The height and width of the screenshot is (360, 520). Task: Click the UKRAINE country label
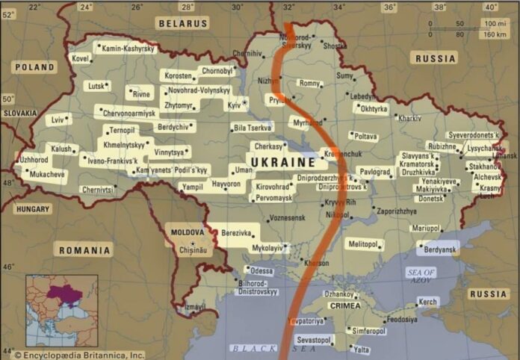(x=282, y=162)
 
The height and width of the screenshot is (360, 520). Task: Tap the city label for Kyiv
(x=234, y=106)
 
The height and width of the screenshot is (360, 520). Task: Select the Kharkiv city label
(x=409, y=118)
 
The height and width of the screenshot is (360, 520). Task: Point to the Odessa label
(x=261, y=270)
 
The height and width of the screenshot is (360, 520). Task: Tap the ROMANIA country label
(x=84, y=250)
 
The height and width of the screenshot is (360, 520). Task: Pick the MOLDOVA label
(x=188, y=232)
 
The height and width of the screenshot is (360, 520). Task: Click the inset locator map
(x=62, y=311)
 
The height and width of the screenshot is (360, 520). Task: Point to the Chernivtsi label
(x=98, y=190)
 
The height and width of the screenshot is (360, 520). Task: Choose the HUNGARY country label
(x=32, y=209)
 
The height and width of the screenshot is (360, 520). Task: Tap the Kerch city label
(x=427, y=302)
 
